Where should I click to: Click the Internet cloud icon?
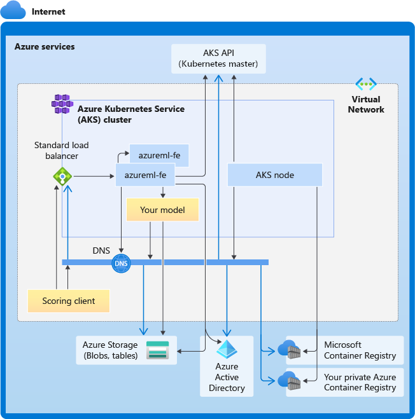tap(13, 11)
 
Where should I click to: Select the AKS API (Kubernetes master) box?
tap(218, 58)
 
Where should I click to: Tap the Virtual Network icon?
tap(366, 84)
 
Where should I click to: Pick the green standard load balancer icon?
tap(62, 177)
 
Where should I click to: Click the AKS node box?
tap(274, 175)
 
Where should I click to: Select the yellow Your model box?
tap(162, 210)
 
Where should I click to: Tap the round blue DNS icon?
tap(120, 263)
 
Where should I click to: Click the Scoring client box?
tap(68, 301)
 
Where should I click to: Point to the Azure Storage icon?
tap(157, 350)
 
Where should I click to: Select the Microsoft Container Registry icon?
tap(289, 350)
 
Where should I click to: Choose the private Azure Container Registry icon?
tap(289, 381)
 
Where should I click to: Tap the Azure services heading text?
tap(45, 46)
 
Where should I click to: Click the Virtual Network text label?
tap(366, 104)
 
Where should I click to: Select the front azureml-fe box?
tap(146, 175)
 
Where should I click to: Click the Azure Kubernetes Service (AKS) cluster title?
tap(130, 114)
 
